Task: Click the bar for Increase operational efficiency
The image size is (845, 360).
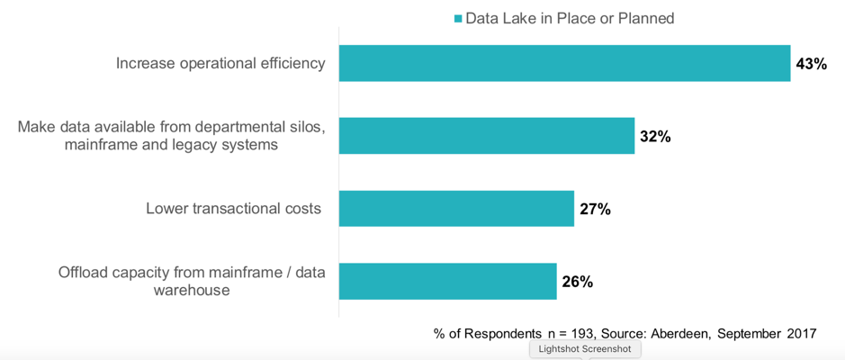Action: pos(564,63)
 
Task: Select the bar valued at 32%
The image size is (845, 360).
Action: pos(486,136)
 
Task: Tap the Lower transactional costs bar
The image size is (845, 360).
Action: pos(456,209)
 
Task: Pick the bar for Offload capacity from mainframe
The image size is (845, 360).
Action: pos(447,281)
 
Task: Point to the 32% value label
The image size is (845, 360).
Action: pos(655,137)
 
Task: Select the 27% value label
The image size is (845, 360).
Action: pos(595,210)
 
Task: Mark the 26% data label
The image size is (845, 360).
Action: pos(577,282)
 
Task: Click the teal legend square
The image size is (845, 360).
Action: pos(458,19)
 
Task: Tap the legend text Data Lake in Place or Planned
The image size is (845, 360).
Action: pos(570,18)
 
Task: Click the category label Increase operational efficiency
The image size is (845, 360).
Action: pos(220,63)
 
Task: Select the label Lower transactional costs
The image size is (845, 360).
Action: pos(233,209)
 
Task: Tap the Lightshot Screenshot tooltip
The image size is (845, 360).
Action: pos(585,348)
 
